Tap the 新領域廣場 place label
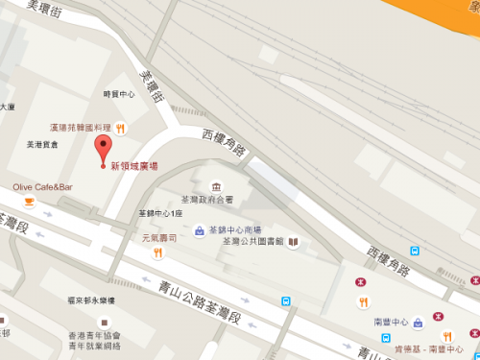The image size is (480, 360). click(x=134, y=166)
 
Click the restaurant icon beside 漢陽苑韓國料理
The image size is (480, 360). click(x=122, y=128)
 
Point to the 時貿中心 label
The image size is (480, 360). click(x=119, y=94)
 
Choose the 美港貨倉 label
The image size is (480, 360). click(x=42, y=144)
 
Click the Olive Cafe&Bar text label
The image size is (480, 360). click(x=42, y=186)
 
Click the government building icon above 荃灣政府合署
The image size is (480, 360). click(x=215, y=184)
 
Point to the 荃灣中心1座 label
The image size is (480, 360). click(x=160, y=213)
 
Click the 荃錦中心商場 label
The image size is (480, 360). click(x=234, y=230)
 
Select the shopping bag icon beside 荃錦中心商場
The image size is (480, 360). click(x=199, y=230)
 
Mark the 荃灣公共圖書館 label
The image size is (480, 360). click(x=253, y=242)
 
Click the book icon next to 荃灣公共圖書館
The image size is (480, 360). click(x=293, y=242)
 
